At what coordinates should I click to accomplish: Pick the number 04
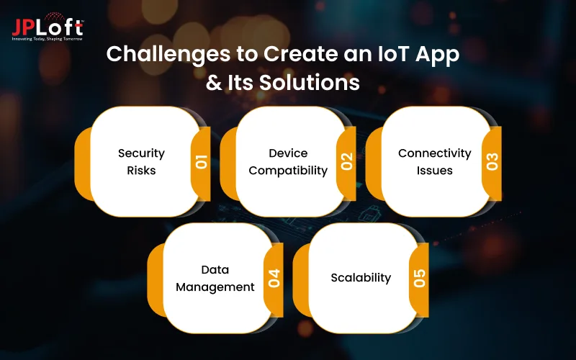274,278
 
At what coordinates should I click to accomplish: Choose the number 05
420,278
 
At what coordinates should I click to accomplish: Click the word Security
141,153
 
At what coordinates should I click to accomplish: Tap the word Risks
141,171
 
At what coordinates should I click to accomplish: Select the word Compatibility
288,171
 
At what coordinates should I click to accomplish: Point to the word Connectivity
434,153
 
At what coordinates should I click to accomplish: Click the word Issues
434,171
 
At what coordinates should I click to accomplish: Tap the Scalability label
361,277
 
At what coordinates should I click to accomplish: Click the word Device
288,153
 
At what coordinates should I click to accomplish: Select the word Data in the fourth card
215,269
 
